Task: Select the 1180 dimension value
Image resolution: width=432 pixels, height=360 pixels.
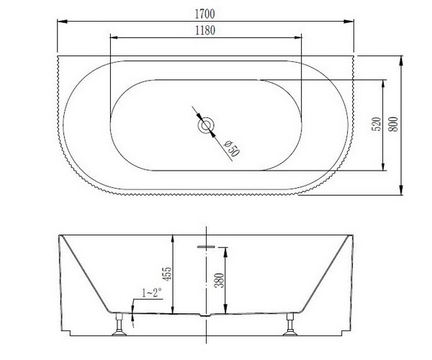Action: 207,30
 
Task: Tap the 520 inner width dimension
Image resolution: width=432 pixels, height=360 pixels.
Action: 376,125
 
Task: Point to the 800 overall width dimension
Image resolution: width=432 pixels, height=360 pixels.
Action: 393,124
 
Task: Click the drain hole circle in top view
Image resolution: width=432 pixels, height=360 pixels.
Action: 206,127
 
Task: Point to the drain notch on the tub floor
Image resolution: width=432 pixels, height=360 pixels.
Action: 206,315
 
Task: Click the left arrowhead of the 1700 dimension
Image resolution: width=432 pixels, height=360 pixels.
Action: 60,22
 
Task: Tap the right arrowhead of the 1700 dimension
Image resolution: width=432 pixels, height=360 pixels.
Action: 354,22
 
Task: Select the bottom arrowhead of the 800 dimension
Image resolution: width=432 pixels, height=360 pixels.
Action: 402,192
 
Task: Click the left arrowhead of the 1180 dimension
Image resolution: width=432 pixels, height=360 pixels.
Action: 112,37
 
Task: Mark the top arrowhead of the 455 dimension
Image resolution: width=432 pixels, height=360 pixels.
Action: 173,239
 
